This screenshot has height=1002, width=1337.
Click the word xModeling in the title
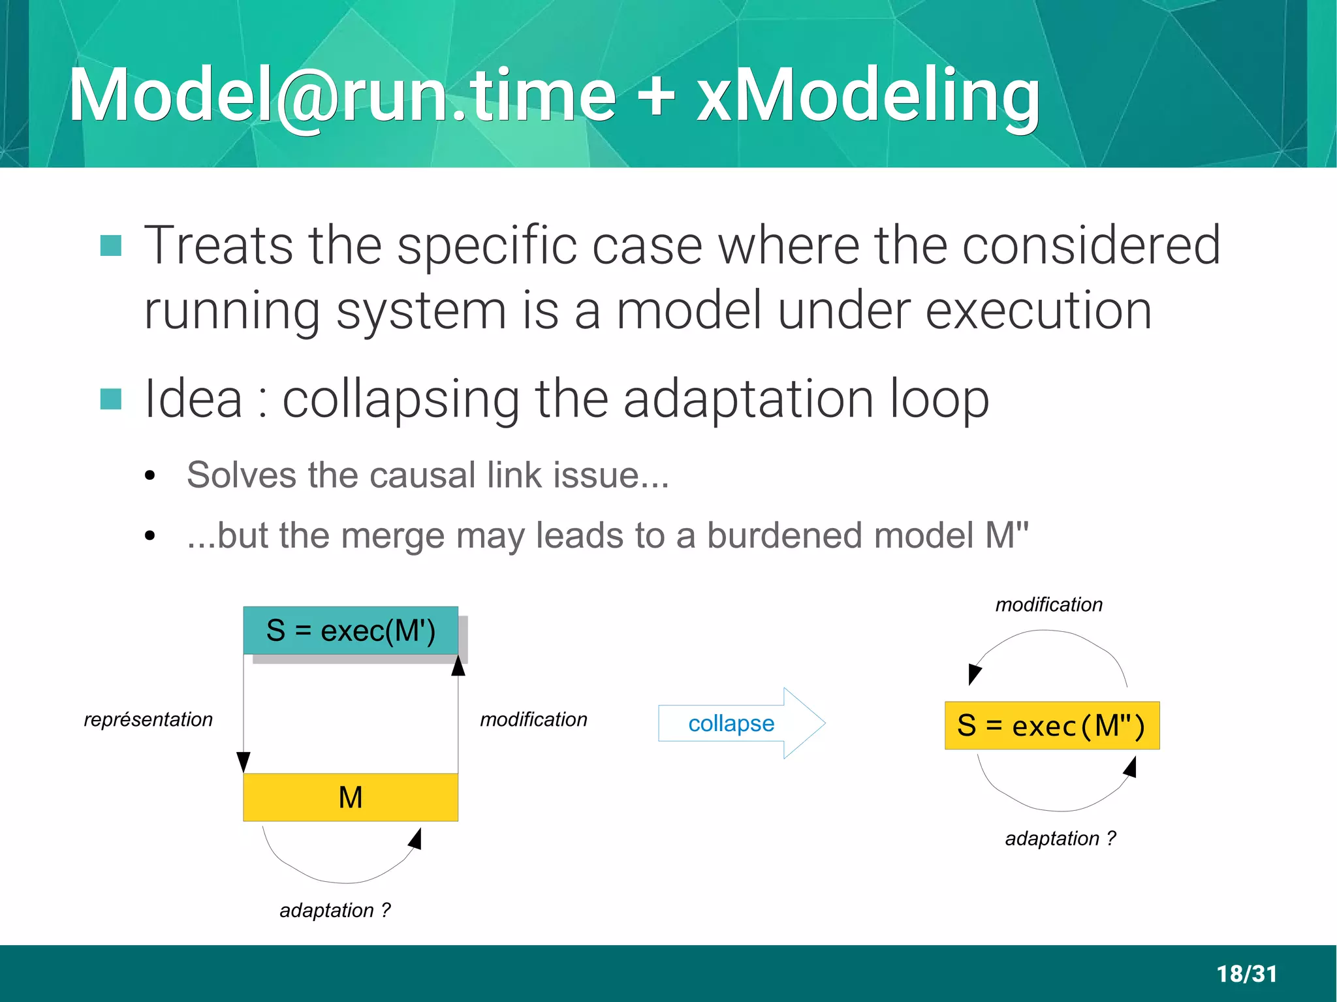click(x=868, y=97)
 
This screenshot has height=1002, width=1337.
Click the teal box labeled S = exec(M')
click(x=351, y=631)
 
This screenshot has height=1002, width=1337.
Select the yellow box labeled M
click(x=351, y=797)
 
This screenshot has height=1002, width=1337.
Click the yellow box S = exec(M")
click(x=1052, y=725)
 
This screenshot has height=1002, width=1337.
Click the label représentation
click(x=148, y=719)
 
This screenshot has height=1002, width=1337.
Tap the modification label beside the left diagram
click(x=533, y=719)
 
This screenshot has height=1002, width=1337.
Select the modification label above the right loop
click(x=1048, y=604)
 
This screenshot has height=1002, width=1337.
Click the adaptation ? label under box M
click(x=335, y=910)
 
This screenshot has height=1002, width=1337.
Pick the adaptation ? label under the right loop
click(x=1060, y=838)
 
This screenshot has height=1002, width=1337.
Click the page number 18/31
click(x=1246, y=974)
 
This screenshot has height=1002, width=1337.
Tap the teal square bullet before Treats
click(x=111, y=245)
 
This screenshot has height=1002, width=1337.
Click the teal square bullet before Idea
click(x=111, y=399)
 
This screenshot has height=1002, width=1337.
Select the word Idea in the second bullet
click(x=193, y=399)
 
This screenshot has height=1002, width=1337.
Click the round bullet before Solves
click(x=150, y=476)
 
